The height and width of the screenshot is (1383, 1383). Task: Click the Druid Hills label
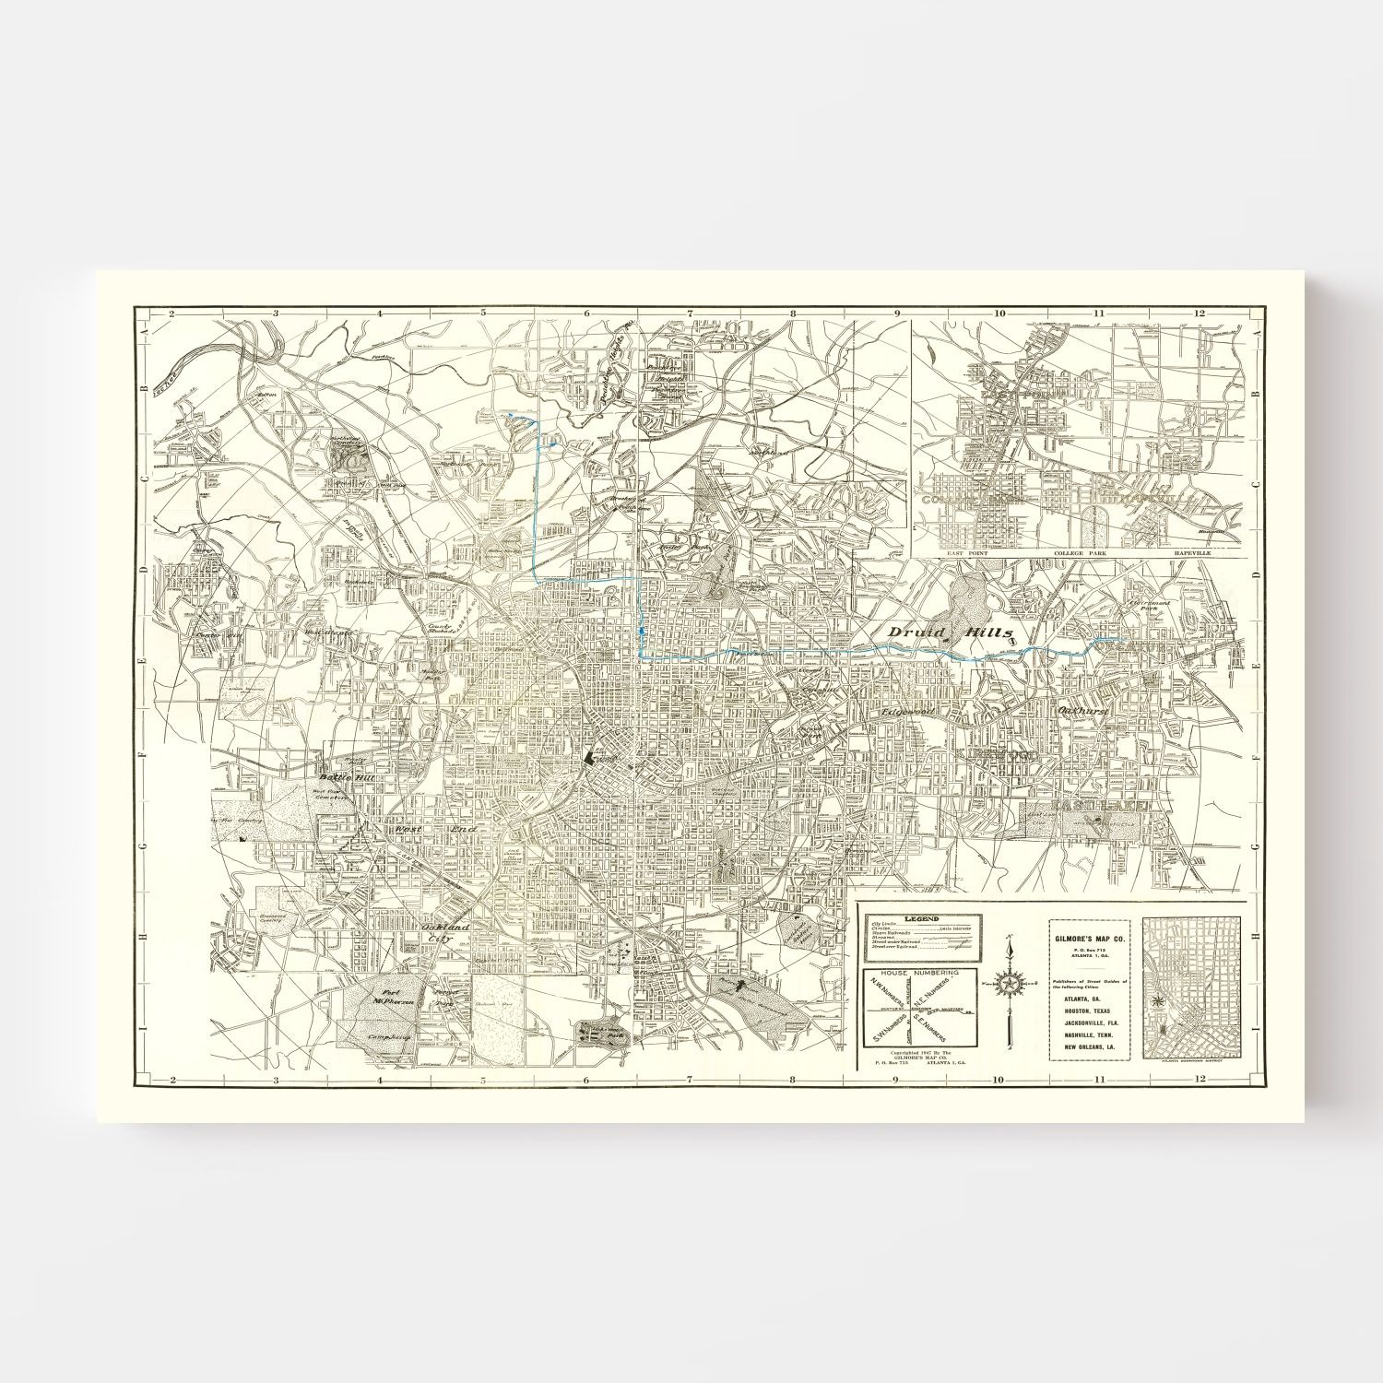[x=950, y=632]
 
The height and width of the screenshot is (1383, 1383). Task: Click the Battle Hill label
[x=341, y=777]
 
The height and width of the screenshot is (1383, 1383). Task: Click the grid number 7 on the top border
[x=689, y=312]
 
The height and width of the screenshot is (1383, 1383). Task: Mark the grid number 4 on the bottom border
[x=379, y=1079]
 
